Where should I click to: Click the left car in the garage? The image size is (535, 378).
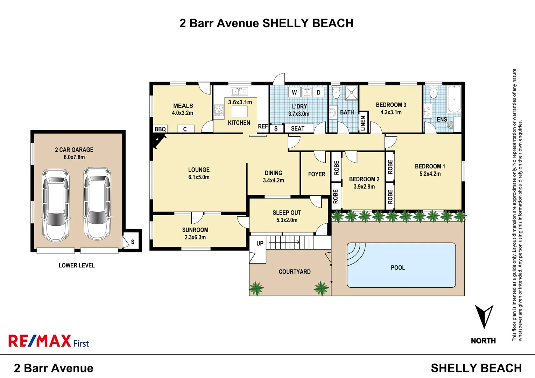(56, 205)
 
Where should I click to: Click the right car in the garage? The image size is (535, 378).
(97, 204)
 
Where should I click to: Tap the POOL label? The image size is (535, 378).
(398, 268)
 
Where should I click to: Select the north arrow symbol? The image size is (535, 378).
(484, 316)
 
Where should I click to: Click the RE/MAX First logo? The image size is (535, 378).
(49, 341)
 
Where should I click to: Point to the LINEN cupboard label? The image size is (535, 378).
(363, 124)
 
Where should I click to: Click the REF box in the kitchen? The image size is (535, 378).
(263, 127)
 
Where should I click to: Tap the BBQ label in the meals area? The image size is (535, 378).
(160, 129)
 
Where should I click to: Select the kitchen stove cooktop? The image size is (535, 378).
(219, 110)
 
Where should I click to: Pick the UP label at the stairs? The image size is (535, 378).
(260, 243)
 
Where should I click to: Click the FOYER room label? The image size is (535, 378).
(317, 174)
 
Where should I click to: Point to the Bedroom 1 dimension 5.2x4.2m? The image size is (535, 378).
(430, 174)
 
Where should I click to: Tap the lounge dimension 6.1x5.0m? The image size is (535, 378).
(199, 177)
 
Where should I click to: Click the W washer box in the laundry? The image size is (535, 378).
(294, 92)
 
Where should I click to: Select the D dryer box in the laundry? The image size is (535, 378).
(318, 92)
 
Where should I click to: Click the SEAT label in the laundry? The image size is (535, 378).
(297, 129)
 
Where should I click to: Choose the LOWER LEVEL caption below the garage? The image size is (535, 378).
(77, 266)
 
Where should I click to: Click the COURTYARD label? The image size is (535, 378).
(294, 272)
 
